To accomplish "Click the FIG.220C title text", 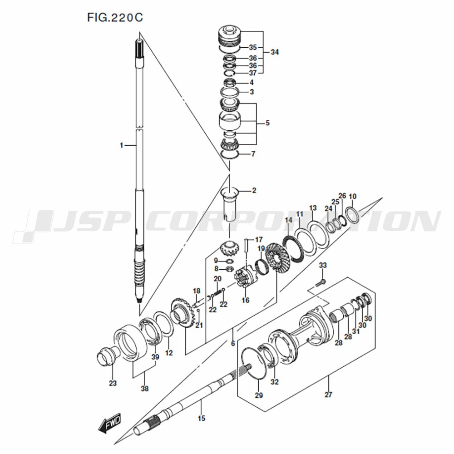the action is point(115,18).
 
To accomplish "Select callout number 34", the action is point(275,52).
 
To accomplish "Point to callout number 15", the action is point(202,418).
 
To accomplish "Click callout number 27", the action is point(328,395).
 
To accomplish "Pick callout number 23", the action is point(113,383).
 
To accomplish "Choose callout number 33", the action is point(323,265).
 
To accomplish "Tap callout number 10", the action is point(352,197).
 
